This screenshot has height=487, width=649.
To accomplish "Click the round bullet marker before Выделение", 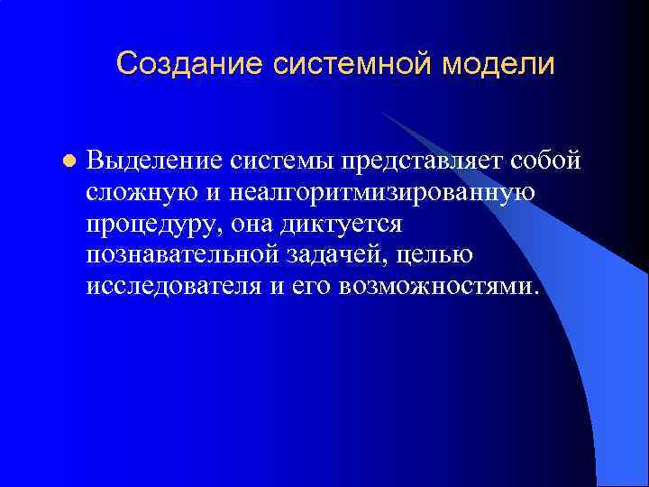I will (x=68, y=162).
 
